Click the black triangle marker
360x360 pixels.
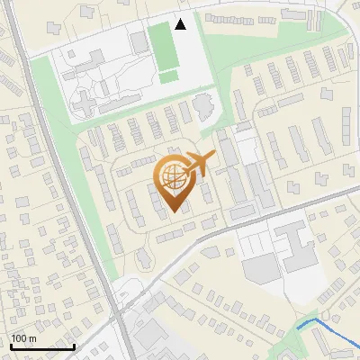pyautogui.click(x=181, y=24)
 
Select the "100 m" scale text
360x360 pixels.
pyautogui.click(x=23, y=338)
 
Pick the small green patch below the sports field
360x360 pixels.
pyautogui.click(x=168, y=77)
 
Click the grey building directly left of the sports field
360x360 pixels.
pyautogui.click(x=138, y=41)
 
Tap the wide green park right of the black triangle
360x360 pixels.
pyautogui.click(x=270, y=36)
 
